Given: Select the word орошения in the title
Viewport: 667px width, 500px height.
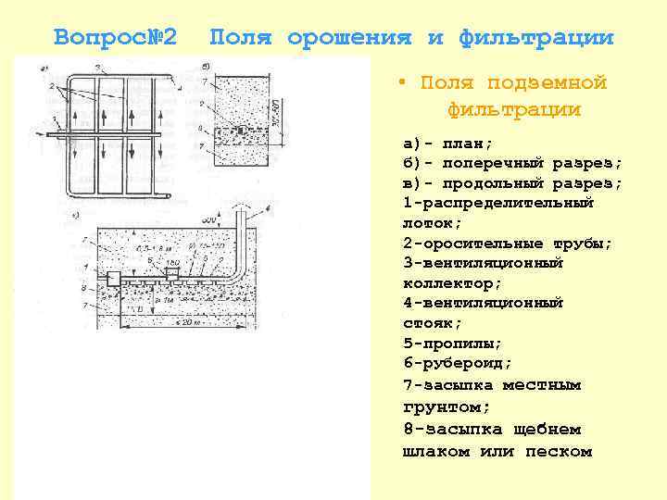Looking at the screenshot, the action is (x=348, y=38).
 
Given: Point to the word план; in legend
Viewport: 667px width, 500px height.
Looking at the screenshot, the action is (x=467, y=144).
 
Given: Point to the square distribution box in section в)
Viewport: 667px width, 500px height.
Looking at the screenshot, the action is (x=116, y=278).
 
